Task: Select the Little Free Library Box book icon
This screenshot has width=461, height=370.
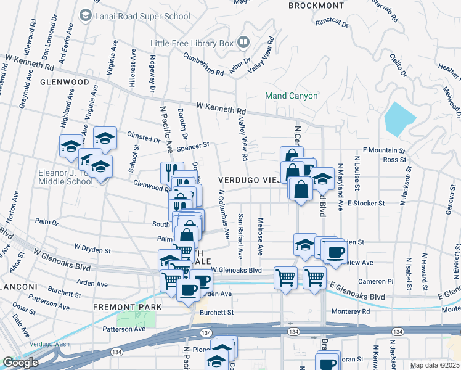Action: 243,43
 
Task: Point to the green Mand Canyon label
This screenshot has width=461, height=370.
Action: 291,96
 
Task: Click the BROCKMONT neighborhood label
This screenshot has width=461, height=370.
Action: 316,6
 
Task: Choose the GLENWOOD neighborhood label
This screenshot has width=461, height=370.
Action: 65,81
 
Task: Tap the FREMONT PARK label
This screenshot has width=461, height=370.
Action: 127,306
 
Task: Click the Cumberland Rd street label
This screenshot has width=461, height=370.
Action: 203,64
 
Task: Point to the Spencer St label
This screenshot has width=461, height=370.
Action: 193,146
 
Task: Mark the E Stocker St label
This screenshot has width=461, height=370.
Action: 366,202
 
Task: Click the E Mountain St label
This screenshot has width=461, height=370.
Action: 383,150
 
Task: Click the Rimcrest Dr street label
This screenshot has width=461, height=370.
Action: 332,23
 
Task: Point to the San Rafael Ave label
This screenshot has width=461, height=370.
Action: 241,236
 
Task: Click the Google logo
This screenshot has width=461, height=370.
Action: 20,363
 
